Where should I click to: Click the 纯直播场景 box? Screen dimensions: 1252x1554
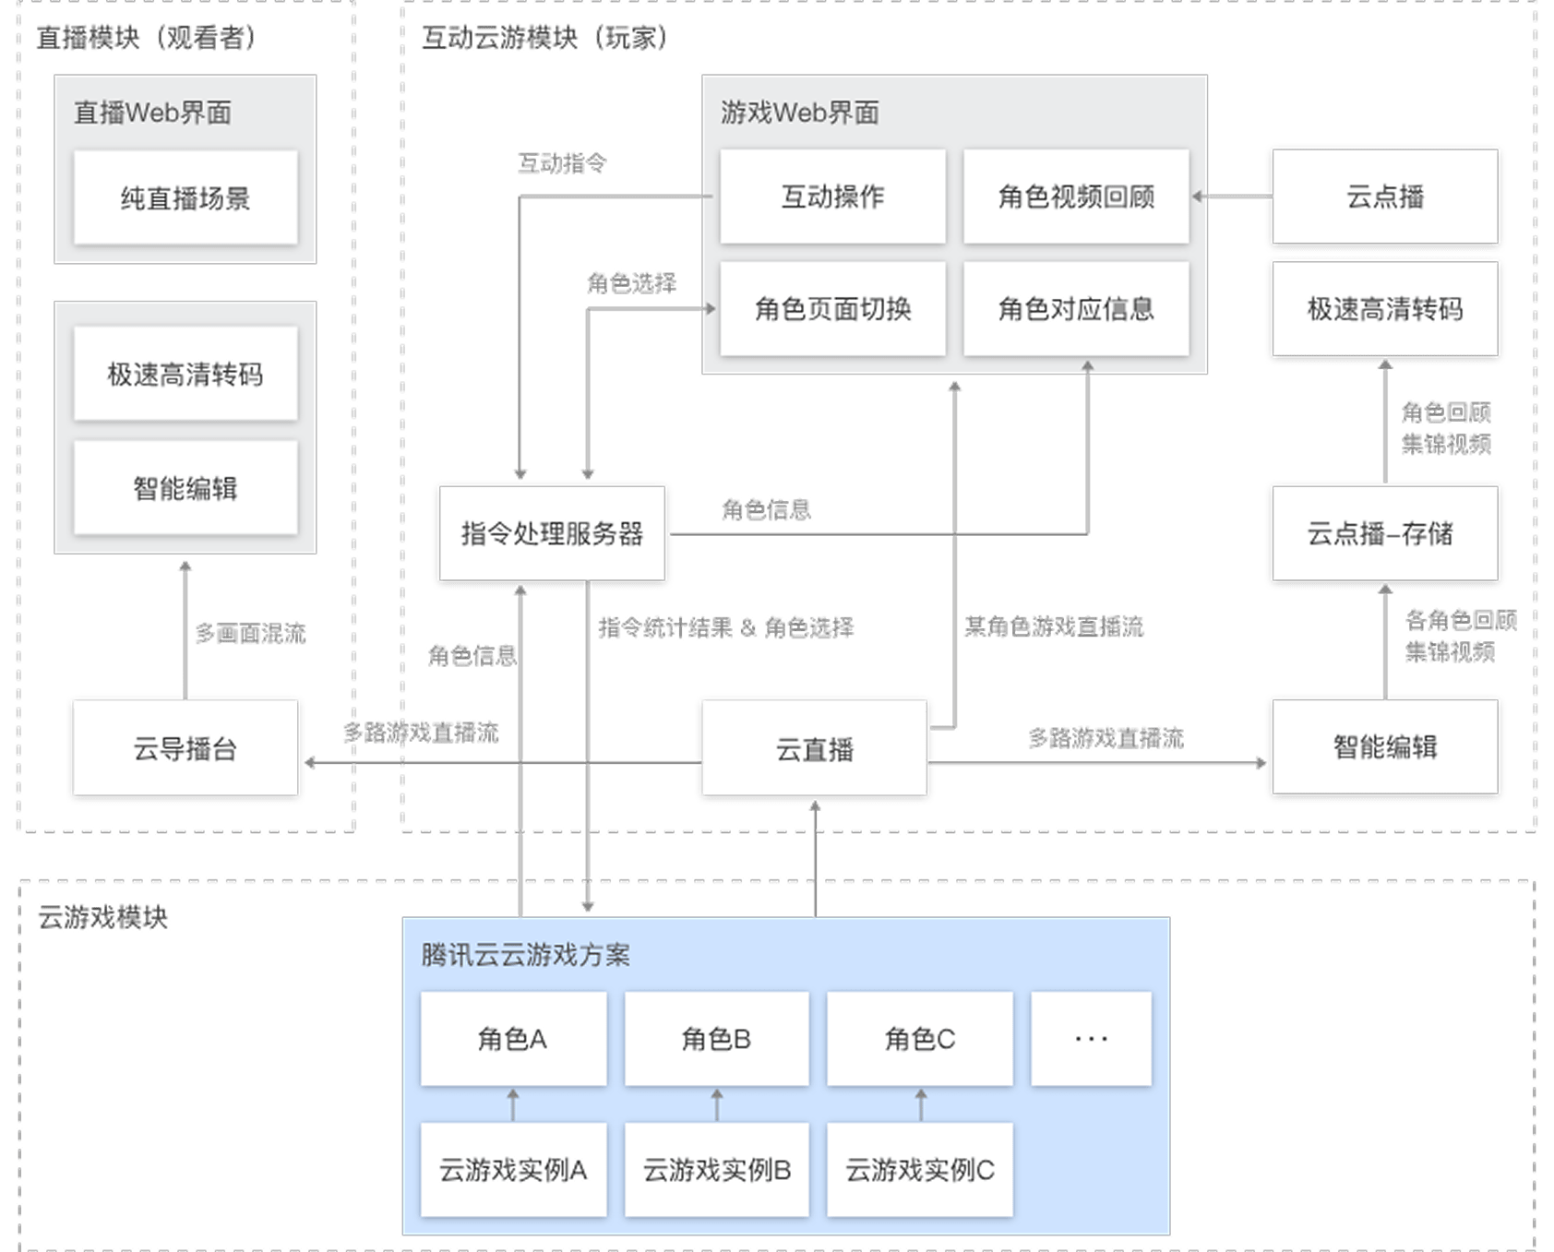point(185,197)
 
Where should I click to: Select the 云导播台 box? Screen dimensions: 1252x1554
point(185,748)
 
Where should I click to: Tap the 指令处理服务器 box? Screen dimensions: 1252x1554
point(552,533)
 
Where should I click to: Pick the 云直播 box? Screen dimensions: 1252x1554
point(815,748)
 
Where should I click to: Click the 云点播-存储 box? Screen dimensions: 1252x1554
point(1383,533)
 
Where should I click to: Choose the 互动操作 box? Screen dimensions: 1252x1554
point(832,197)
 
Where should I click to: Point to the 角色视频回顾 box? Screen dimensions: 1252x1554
point(1076,197)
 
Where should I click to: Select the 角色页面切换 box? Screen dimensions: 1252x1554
point(832,309)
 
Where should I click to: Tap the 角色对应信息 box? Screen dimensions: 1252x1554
point(1076,309)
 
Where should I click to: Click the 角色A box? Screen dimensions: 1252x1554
point(513,1039)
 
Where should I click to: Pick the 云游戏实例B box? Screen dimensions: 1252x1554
point(717,1170)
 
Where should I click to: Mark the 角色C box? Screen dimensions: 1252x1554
point(920,1039)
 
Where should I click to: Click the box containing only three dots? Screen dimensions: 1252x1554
point(1091,1039)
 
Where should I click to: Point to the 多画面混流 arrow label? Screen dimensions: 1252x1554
point(250,634)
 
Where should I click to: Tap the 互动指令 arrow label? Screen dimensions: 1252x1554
point(562,164)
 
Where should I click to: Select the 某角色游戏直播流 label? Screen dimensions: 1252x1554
point(1054,627)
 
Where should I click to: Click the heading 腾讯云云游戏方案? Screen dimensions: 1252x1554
point(525,955)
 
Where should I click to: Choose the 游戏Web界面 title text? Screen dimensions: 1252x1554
point(799,113)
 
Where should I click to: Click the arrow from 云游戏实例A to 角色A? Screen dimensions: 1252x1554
point(513,1104)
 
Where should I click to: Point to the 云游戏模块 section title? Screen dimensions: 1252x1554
point(102,918)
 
